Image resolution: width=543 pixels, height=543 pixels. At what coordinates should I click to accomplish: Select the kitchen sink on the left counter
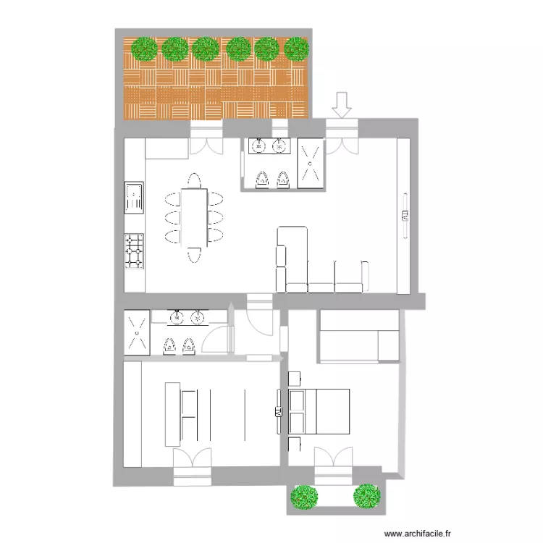click(133, 198)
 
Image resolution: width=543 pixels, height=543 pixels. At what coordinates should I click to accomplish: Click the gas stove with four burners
click(134, 251)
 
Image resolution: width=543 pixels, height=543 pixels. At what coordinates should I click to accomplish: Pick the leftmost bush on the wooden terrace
click(145, 49)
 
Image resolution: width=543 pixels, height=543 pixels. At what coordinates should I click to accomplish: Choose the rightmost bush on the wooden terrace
click(296, 49)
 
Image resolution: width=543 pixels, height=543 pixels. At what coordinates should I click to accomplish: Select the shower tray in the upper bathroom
click(311, 163)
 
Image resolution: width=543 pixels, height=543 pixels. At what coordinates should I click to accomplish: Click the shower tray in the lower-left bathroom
click(137, 333)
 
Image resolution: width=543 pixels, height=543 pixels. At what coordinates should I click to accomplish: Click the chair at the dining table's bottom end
click(194, 255)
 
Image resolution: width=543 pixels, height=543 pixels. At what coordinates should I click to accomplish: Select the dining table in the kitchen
click(194, 217)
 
